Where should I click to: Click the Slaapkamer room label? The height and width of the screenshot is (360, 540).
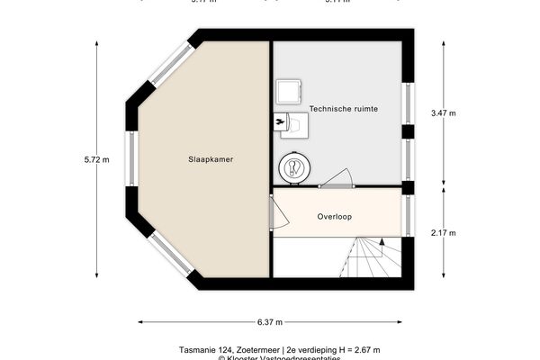[x=211, y=159]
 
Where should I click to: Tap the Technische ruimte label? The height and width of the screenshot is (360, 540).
[x=343, y=109]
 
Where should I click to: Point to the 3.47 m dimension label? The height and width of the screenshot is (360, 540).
[x=444, y=112]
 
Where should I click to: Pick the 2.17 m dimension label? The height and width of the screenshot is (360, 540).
[x=444, y=234]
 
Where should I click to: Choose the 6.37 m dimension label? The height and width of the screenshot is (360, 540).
[x=269, y=321]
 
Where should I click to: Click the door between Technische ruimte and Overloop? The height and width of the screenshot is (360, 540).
[x=337, y=180]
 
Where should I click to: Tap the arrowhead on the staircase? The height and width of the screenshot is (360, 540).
[x=383, y=242]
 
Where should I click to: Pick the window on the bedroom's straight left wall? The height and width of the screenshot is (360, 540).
[x=132, y=159]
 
